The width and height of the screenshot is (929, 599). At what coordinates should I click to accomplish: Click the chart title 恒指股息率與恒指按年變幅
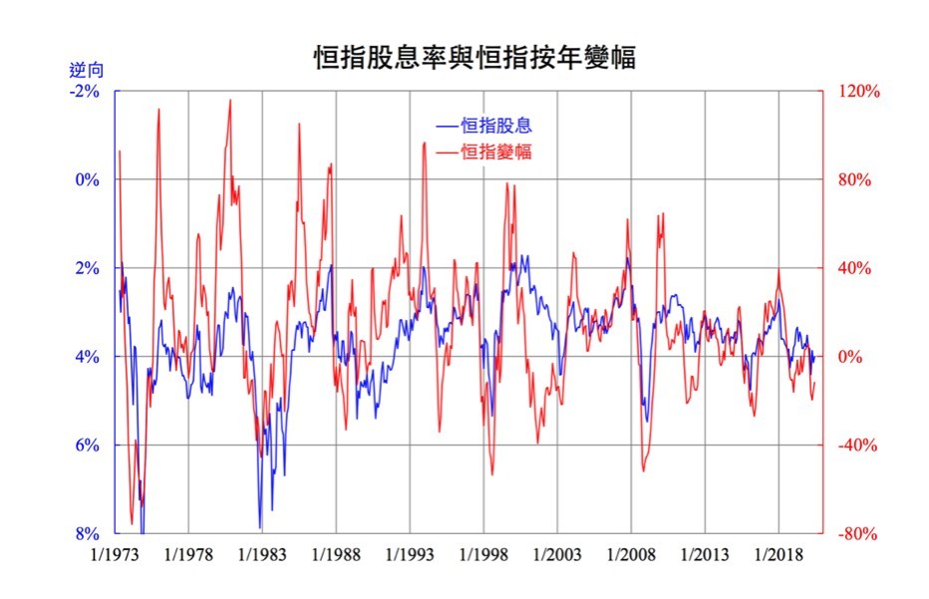[x=473, y=57]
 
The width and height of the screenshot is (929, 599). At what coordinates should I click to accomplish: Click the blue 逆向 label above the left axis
[x=87, y=71]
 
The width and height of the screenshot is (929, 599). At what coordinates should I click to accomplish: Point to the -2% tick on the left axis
[x=87, y=92]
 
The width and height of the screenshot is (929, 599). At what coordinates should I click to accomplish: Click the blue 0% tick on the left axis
[x=89, y=180]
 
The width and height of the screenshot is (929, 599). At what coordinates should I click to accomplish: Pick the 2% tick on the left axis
[x=89, y=269]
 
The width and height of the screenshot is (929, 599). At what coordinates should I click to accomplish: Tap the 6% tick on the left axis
[x=89, y=446]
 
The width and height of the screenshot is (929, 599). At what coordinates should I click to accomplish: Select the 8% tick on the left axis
[x=89, y=534]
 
